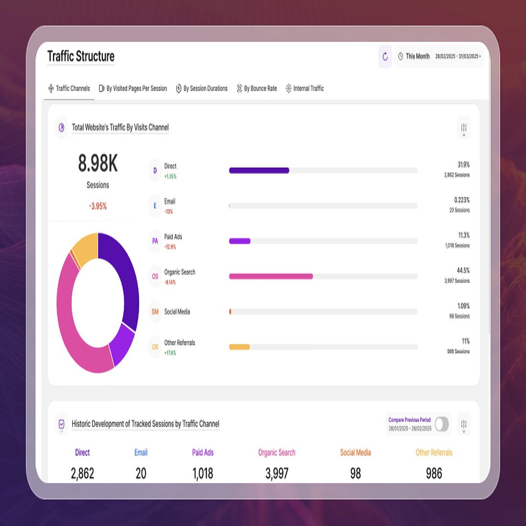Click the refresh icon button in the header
(x=385, y=56)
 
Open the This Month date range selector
(x=438, y=56)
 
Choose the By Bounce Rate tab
(x=257, y=88)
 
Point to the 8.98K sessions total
(x=98, y=164)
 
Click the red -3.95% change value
(x=98, y=206)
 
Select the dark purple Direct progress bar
(x=259, y=171)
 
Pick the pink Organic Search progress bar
(x=271, y=276)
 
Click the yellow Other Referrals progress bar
(x=239, y=347)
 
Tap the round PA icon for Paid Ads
(x=155, y=241)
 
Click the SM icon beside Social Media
(x=155, y=312)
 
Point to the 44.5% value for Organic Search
(x=463, y=271)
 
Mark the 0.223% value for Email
(x=461, y=200)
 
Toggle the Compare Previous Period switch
(x=442, y=424)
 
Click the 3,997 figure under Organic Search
(x=277, y=473)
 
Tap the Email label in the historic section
(x=141, y=452)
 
